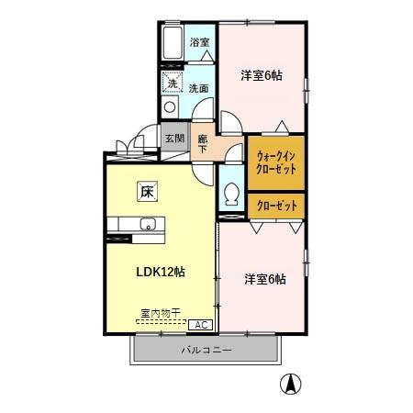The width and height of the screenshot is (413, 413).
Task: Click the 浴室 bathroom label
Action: tap(199, 42)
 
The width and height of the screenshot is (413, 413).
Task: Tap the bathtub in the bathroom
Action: tap(173, 47)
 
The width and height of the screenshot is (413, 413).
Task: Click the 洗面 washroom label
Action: tap(198, 89)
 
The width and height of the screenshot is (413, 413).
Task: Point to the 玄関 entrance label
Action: tap(174, 139)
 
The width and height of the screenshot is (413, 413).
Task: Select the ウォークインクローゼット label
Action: tap(275, 162)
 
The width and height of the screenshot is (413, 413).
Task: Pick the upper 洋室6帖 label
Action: tap(261, 75)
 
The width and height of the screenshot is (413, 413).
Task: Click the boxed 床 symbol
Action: tap(147, 192)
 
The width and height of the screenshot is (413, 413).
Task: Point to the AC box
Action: tap(198, 324)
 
